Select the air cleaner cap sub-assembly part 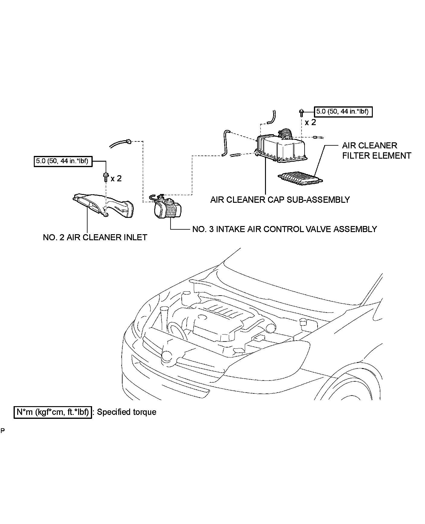(281, 150)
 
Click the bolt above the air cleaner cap (301, 112)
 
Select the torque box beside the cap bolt (343, 112)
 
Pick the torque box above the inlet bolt (62, 161)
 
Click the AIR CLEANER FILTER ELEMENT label (376, 150)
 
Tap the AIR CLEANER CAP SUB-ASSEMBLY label (280, 200)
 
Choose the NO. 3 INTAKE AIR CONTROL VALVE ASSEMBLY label (284, 229)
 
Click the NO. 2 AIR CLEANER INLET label (95, 238)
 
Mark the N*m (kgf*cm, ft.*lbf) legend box (53, 412)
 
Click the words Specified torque (126, 412)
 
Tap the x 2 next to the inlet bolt (116, 179)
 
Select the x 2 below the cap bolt (310, 122)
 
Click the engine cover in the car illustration (222, 322)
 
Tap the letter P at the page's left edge (3, 431)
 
